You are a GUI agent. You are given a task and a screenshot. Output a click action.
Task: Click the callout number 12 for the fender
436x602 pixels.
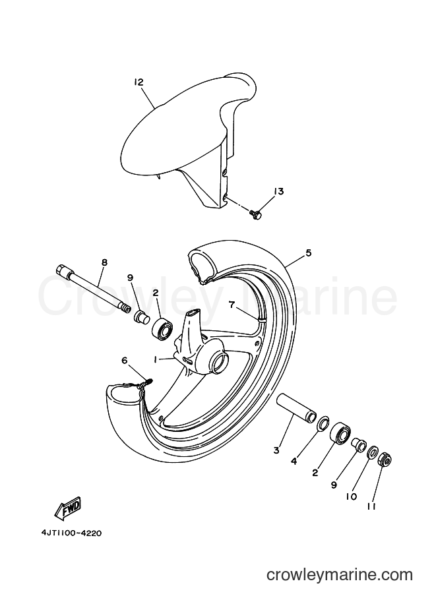tap(139, 82)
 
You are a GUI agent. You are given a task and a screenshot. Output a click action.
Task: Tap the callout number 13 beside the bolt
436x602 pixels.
tap(278, 191)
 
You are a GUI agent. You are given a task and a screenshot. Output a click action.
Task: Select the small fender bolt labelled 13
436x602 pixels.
tap(255, 214)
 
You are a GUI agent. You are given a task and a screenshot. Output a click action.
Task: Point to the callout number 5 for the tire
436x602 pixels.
tap(309, 253)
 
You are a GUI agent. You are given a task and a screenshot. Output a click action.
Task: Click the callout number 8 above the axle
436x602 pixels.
tap(104, 262)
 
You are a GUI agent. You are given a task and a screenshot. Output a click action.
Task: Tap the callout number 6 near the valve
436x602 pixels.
tap(124, 360)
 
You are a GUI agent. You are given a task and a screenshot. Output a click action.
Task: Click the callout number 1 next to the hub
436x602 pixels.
tap(155, 359)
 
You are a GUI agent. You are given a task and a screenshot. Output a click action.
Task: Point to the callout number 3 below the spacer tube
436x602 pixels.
tap(276, 450)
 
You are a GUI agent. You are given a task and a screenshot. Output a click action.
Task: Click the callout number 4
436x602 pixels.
tap(294, 462)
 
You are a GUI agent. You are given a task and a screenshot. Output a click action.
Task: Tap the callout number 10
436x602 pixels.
tap(351, 497)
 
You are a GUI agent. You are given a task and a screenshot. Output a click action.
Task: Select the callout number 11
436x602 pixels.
tap(371, 506)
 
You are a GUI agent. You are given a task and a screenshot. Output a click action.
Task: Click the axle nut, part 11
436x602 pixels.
tap(385, 459)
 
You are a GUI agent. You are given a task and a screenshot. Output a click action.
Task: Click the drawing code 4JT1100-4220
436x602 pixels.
tap(71, 533)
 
